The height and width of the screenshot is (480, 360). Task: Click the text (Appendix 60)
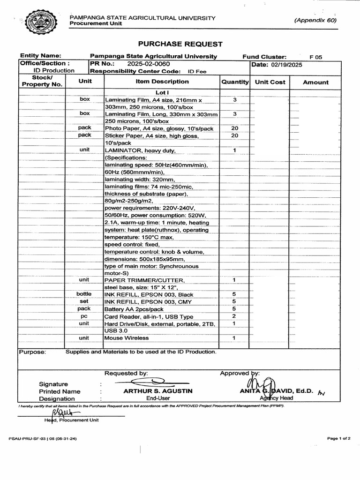coord(315,20)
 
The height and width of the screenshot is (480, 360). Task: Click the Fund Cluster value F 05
coord(316,57)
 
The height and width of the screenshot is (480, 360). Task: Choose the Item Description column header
coord(162,82)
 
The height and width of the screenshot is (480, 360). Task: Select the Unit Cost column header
coord(270,82)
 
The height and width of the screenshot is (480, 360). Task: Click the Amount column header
coord(315,82)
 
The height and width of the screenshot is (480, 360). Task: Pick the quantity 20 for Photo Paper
coord(234,128)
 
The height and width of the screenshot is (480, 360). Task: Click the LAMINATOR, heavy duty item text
coord(140,150)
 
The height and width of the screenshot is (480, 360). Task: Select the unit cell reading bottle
coord(84,294)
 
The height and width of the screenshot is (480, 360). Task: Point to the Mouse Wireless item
coord(127,338)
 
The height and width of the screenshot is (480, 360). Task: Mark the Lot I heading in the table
coord(162,92)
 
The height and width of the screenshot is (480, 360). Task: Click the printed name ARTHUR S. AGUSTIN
coord(157,391)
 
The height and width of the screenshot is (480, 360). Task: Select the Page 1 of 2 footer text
coord(338,438)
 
